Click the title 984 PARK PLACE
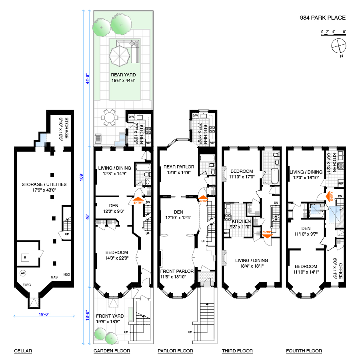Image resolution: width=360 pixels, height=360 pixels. (322, 18)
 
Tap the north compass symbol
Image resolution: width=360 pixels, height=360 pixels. (338, 46)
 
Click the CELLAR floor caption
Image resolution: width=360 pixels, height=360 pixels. (23, 351)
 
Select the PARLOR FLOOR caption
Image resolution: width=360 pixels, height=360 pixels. (175, 351)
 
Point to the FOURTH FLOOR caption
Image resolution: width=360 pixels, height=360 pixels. (304, 351)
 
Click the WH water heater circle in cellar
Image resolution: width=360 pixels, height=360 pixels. (23, 273)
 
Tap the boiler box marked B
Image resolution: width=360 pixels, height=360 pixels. (25, 257)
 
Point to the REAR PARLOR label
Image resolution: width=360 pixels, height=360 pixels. (179, 167)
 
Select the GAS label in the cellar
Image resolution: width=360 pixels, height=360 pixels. (54, 277)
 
